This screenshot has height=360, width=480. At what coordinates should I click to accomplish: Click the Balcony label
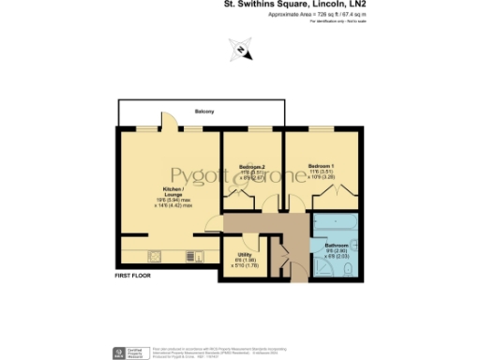tap(204, 112)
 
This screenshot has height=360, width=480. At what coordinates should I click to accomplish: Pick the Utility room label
tap(244, 253)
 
